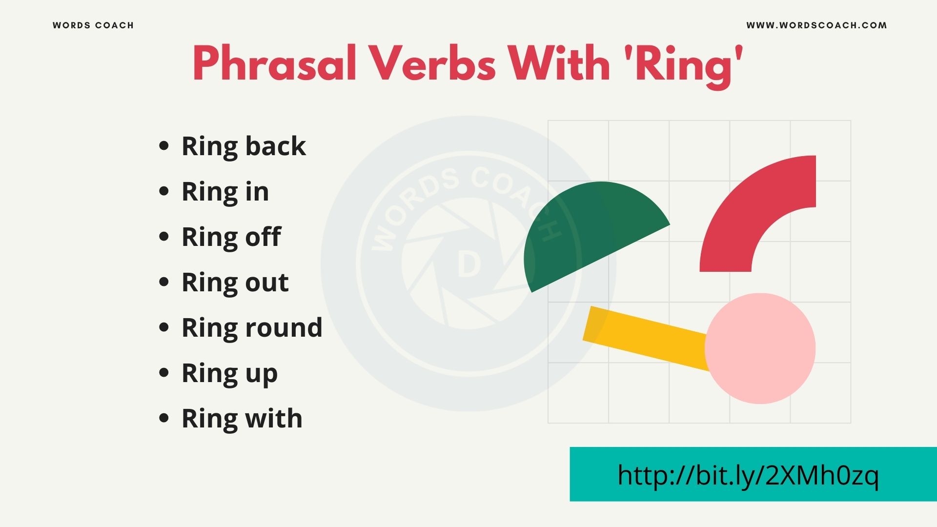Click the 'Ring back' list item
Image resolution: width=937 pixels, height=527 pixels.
click(x=244, y=146)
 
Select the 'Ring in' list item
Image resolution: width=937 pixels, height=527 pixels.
click(x=225, y=191)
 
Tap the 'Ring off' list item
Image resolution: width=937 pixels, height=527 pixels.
click(x=231, y=237)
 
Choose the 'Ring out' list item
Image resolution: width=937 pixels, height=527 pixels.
click(x=235, y=282)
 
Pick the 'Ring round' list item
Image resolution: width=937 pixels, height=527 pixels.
click(x=252, y=327)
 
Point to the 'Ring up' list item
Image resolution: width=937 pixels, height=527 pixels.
click(x=229, y=373)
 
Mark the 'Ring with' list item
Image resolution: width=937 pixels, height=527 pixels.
click(x=242, y=418)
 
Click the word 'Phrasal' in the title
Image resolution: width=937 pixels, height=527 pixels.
click(x=274, y=64)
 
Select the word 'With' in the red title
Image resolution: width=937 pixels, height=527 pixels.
click(x=559, y=64)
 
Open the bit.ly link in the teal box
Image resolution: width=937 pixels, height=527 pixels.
click(x=748, y=475)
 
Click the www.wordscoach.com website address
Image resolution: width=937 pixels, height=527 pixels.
click(x=816, y=25)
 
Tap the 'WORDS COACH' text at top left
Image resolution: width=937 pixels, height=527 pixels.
click(x=93, y=25)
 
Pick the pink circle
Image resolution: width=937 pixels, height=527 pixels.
click(x=760, y=348)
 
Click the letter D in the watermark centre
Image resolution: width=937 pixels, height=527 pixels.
click(x=469, y=265)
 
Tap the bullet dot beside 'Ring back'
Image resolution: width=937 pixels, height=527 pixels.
click(x=164, y=146)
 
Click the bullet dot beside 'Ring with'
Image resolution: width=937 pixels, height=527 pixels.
click(x=164, y=418)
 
